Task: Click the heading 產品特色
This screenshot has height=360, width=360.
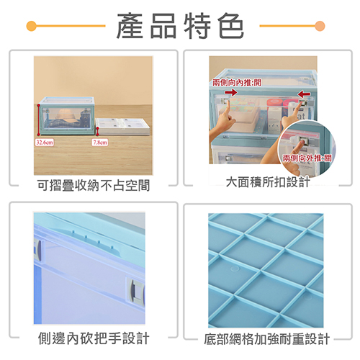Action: [x=180, y=26]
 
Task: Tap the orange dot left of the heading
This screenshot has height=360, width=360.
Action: [x=31, y=26]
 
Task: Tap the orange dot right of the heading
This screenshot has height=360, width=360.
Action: [x=320, y=26]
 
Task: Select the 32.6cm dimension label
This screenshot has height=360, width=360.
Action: [x=45, y=143]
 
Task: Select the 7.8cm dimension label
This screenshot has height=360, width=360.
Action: [x=100, y=143]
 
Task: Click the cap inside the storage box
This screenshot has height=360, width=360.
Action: [x=66, y=114]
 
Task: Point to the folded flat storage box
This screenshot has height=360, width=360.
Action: [x=123, y=127]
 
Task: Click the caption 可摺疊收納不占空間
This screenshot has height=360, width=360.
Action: [x=94, y=185]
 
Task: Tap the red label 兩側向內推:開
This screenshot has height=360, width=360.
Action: [x=237, y=83]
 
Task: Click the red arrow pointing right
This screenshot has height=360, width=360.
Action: [x=231, y=92]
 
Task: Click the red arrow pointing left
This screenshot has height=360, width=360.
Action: [x=304, y=94]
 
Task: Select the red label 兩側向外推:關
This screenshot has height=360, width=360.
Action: [x=307, y=158]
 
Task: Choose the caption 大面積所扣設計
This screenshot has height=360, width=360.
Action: [x=268, y=182]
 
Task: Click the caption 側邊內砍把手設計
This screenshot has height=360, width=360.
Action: [x=94, y=338]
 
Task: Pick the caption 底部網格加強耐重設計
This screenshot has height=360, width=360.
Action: [x=267, y=339]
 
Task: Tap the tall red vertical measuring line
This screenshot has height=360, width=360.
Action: [x=38, y=120]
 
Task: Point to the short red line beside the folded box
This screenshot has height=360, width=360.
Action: [x=98, y=131]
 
